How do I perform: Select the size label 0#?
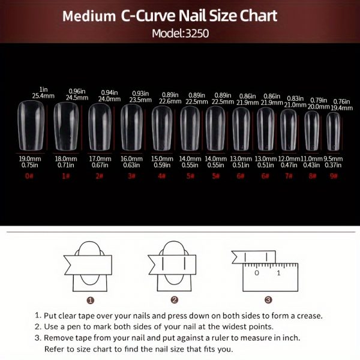point(29,176)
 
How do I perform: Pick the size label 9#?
point(334,176)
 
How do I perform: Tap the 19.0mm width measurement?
point(29,158)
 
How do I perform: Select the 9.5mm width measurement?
point(334,158)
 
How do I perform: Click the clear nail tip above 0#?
point(31,126)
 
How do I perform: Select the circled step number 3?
point(268,299)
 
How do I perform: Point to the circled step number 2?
point(174,299)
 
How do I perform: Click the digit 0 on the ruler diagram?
point(256,273)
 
